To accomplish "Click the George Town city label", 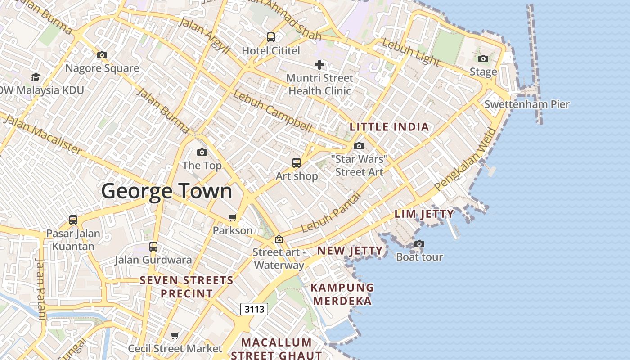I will coord(166,191).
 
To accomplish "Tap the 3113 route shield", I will coord(254,309).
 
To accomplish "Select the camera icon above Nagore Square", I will coord(102,55).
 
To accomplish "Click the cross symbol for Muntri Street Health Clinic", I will coord(319,65).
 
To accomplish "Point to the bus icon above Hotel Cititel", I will coord(270,37).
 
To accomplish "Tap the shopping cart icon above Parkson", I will coord(232,218).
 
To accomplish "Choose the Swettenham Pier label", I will coord(526,105).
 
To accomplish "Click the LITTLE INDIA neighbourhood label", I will coord(389,127).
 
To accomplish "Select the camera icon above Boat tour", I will coord(419,244).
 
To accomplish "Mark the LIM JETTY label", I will coord(424,214).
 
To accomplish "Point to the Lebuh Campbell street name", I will coord(272,111).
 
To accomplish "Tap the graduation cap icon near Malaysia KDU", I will coord(36,77).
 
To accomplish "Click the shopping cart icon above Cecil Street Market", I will coord(175,336).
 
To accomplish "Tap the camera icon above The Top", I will coord(202,153).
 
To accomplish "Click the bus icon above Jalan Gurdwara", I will coord(153,247).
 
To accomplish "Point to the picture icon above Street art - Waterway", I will coord(279,239).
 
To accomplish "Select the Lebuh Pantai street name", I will coord(331,212).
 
